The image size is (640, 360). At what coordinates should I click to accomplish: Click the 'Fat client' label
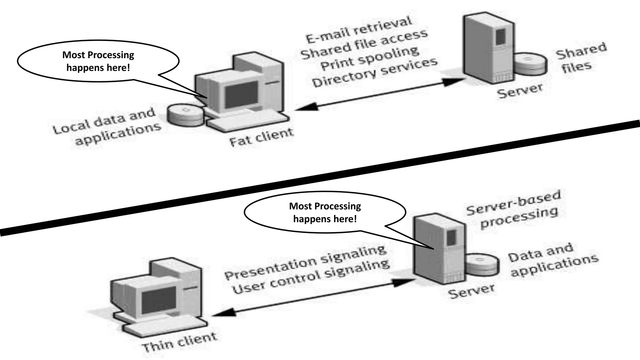pos(262,137)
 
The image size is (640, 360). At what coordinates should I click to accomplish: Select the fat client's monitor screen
pos(242,94)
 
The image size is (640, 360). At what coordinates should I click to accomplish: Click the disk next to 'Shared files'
pos(531,63)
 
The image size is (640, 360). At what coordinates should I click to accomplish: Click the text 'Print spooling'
pos(370,59)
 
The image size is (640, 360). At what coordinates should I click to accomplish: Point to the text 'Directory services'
pos(375,72)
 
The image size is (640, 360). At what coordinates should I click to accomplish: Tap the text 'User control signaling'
pos(311,277)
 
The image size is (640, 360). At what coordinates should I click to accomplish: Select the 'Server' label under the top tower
pos(520,91)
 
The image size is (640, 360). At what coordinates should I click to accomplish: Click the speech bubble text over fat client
pos(98,61)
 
